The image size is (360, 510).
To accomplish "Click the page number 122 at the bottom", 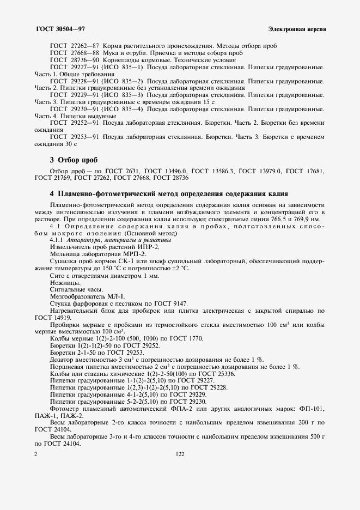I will point(180,453).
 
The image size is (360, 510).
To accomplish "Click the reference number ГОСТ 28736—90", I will point(75,60).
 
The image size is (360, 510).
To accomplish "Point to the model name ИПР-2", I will point(138,247).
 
